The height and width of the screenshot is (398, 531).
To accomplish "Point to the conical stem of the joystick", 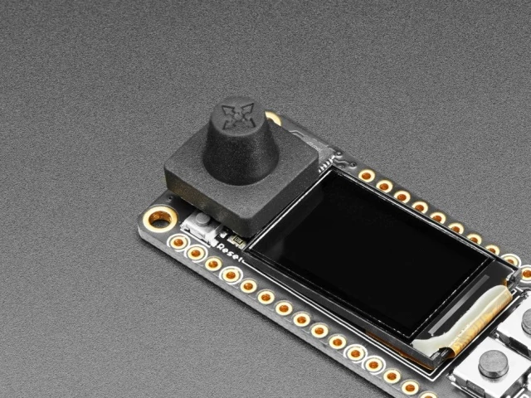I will (241, 149).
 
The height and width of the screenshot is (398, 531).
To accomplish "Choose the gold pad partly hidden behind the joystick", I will (273, 119).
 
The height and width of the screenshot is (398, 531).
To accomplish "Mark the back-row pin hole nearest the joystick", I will (366, 176).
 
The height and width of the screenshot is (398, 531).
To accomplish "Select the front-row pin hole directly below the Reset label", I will (231, 274).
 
